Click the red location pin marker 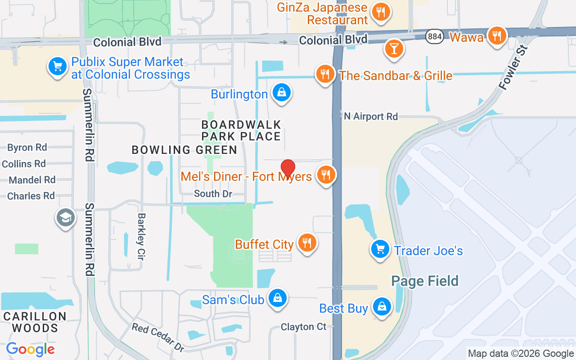pyautogui.click(x=288, y=168)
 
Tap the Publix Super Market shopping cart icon pyautogui.click(x=57, y=67)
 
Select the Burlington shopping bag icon pyautogui.click(x=281, y=93)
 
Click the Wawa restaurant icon pyautogui.click(x=496, y=36)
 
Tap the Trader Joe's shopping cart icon pyautogui.click(x=380, y=249)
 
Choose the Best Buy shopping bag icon pyautogui.click(x=382, y=307)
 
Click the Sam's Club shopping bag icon pyautogui.click(x=278, y=298)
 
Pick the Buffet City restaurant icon pyautogui.click(x=307, y=243)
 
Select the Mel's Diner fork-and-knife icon pyautogui.click(x=325, y=175)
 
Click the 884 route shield pyautogui.click(x=435, y=37)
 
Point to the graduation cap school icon pyautogui.click(x=66, y=218)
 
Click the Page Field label pyautogui.click(x=425, y=281)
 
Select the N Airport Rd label pyautogui.click(x=371, y=117)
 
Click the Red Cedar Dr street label pyautogui.click(x=158, y=337)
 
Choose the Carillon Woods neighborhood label pyautogui.click(x=35, y=322)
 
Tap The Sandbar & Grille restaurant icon pyautogui.click(x=324, y=74)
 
